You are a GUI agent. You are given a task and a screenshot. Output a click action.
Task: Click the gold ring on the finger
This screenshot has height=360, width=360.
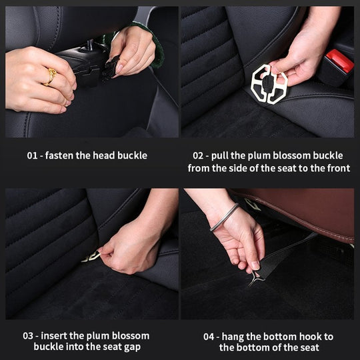50,77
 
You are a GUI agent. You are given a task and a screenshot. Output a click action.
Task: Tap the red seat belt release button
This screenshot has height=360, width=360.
340,62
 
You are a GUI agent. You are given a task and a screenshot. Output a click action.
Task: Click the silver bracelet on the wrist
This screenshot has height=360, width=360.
225,217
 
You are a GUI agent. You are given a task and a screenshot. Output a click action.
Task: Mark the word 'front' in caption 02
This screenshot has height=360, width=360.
337,168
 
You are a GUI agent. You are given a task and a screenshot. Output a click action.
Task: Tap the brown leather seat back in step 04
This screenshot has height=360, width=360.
300,213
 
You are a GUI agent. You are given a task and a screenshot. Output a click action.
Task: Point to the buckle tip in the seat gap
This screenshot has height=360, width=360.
90,257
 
